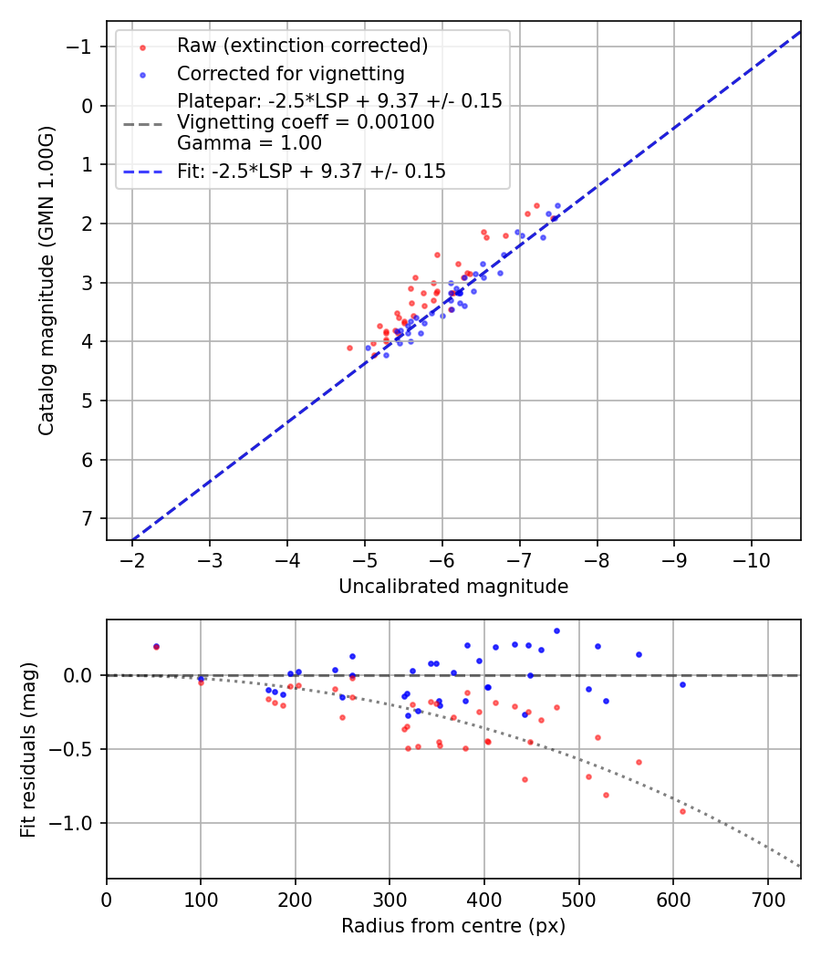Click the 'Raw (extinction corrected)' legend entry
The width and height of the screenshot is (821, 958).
point(302,46)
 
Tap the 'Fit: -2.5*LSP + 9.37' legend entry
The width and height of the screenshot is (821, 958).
point(311,171)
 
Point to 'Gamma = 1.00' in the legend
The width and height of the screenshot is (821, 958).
point(249,142)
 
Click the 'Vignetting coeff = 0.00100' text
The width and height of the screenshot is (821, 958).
point(306,121)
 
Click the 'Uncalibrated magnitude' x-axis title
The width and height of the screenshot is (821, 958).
point(453,587)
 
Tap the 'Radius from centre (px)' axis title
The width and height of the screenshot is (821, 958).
point(453,926)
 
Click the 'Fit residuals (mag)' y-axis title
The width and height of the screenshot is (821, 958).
point(28,749)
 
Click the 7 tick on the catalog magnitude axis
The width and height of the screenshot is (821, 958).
point(88,518)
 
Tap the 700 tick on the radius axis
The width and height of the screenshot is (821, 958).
point(767,900)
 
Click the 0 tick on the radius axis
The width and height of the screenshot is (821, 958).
point(107,900)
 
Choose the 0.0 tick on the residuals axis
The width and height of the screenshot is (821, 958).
point(78,675)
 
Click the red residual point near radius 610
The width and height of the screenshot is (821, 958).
point(682,811)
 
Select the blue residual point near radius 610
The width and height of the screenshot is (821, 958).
point(682,684)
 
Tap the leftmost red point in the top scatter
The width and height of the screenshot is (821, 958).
point(349,348)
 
